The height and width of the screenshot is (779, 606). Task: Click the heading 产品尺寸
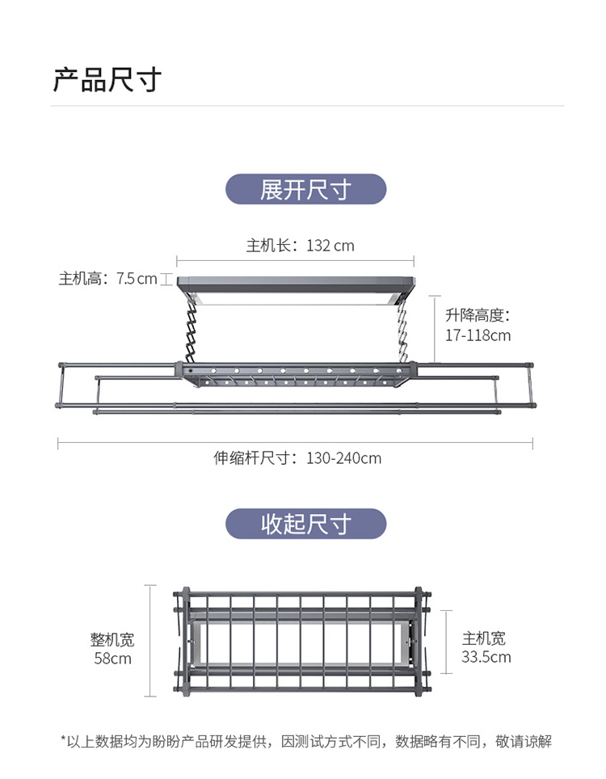pyautogui.click(x=107, y=80)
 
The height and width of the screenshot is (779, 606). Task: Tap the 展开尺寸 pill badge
pyautogui.click(x=305, y=190)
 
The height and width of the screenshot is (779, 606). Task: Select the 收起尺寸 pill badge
pyautogui.click(x=305, y=524)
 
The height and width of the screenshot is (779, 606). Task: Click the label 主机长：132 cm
pyautogui.click(x=300, y=245)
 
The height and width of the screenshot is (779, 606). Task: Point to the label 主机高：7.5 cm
pyautogui.click(x=107, y=279)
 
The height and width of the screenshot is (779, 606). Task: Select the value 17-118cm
pyautogui.click(x=478, y=335)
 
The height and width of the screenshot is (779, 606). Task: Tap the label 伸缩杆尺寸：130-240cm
pyautogui.click(x=297, y=458)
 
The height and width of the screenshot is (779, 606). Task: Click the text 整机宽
pyautogui.click(x=112, y=640)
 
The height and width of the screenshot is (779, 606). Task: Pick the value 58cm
pyautogui.click(x=112, y=658)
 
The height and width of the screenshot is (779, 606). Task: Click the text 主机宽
pyautogui.click(x=484, y=638)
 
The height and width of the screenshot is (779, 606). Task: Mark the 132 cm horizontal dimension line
pyautogui.click(x=296, y=260)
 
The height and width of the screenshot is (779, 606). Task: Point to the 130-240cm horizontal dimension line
pyautogui.click(x=296, y=441)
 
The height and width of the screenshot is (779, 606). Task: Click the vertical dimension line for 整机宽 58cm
pyautogui.click(x=150, y=640)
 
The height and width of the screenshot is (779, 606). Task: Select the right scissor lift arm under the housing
pyautogui.click(x=402, y=332)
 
